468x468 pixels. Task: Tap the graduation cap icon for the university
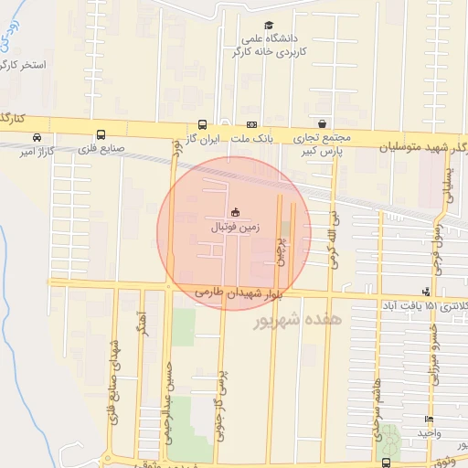(268, 26)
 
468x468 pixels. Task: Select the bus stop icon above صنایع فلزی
(100, 133)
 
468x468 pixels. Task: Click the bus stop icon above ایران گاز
(202, 125)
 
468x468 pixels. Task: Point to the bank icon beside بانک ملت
(250, 125)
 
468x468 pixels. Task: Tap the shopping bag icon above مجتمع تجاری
(322, 123)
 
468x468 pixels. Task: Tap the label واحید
(430, 431)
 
